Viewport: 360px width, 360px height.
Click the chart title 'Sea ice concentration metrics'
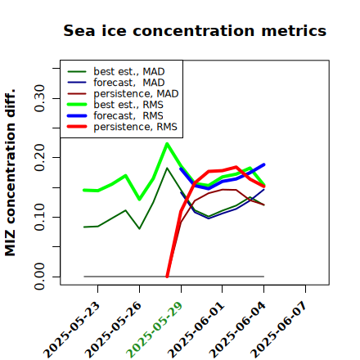pos(195,30)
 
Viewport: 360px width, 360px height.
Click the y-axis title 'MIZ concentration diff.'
pos(10,173)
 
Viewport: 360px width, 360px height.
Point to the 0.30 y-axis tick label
pos(39,98)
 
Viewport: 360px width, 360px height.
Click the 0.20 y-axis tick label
pos(39,157)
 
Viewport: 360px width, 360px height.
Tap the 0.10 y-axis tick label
pos(39,217)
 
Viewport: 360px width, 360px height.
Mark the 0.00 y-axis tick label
pos(39,277)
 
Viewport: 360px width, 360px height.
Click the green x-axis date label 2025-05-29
pos(155,330)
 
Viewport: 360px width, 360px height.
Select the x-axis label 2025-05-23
pos(71,330)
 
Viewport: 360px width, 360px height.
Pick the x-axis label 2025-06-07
pos(279,330)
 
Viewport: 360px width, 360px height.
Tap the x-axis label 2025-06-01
pos(196,330)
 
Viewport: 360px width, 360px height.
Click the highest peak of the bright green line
pos(167,143)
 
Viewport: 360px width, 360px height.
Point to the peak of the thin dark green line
pos(167,168)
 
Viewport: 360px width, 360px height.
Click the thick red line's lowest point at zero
pos(167,277)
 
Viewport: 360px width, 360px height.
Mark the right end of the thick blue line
pos(264,164)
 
